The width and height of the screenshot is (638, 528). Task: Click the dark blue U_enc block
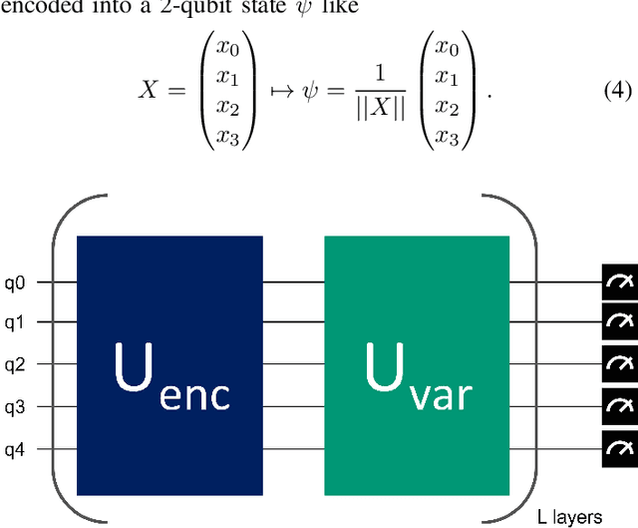point(168,364)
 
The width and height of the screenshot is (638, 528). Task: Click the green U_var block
point(417,364)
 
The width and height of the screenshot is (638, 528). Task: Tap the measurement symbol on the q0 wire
point(619,281)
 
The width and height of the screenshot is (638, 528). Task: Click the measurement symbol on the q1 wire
point(619,322)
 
